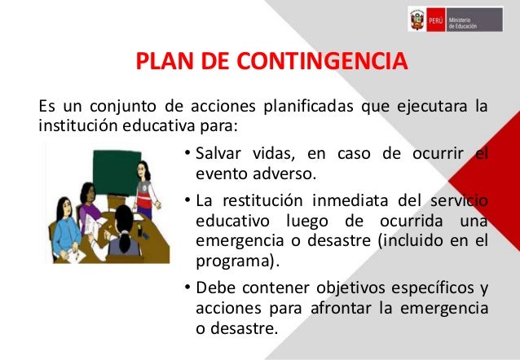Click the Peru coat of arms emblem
417,19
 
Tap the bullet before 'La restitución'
187,200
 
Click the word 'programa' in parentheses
233,262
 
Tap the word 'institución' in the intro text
73,126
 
